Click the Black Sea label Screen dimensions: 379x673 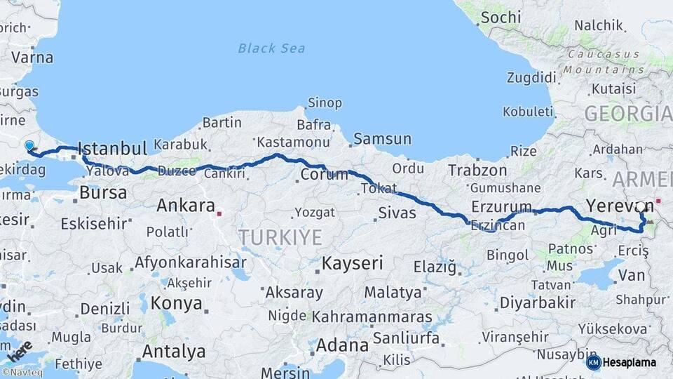tap(271, 48)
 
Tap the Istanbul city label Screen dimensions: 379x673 tap(112, 148)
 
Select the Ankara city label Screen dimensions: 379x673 tap(185, 206)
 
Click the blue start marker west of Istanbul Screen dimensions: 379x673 tap(29, 146)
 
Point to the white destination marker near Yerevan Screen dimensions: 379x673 tap(640, 207)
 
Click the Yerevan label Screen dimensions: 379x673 tap(620, 206)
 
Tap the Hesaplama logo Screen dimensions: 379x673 tap(622, 362)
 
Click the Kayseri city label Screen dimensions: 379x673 tap(352, 264)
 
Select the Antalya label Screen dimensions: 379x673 tap(174, 351)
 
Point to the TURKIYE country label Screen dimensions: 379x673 tap(280, 237)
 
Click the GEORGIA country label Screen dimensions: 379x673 tap(627, 113)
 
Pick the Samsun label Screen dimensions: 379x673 tap(382, 139)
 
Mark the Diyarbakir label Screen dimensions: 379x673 tap(536, 303)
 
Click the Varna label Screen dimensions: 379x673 tap(32, 58)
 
